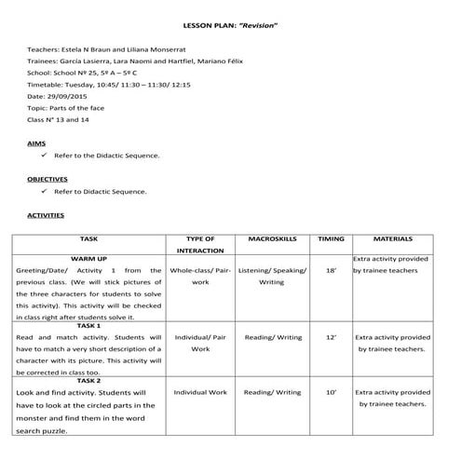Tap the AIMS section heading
coord(37,143)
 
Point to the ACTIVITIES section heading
coord(46,215)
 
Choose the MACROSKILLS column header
coord(271,238)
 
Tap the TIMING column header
coord(331,238)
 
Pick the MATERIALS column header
coord(392,238)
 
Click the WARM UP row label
coord(88,258)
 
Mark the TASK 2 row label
coord(88,381)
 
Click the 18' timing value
coord(331,270)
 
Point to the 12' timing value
coord(331,337)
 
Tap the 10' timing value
coord(331,393)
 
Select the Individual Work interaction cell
coord(200,393)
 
